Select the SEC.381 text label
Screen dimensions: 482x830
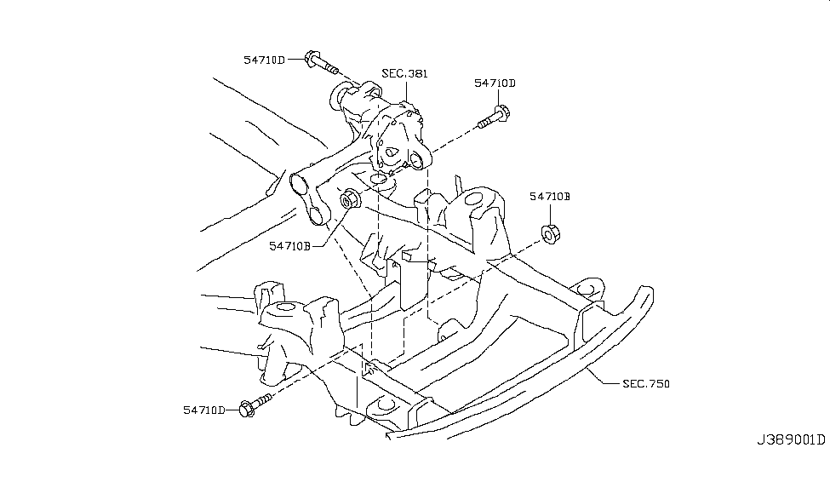[404, 73]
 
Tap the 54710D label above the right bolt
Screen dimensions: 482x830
[495, 83]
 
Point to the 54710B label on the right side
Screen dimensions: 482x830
[549, 197]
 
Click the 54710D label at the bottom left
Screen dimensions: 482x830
[203, 410]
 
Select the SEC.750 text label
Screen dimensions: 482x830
[646, 384]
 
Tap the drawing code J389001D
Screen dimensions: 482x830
[791, 440]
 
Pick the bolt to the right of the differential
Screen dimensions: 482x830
[494, 116]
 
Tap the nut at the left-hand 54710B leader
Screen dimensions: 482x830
[350, 201]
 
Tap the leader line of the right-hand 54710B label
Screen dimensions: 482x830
[549, 213]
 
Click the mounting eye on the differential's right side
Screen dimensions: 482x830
[416, 162]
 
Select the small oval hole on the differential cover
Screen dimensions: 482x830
[392, 155]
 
